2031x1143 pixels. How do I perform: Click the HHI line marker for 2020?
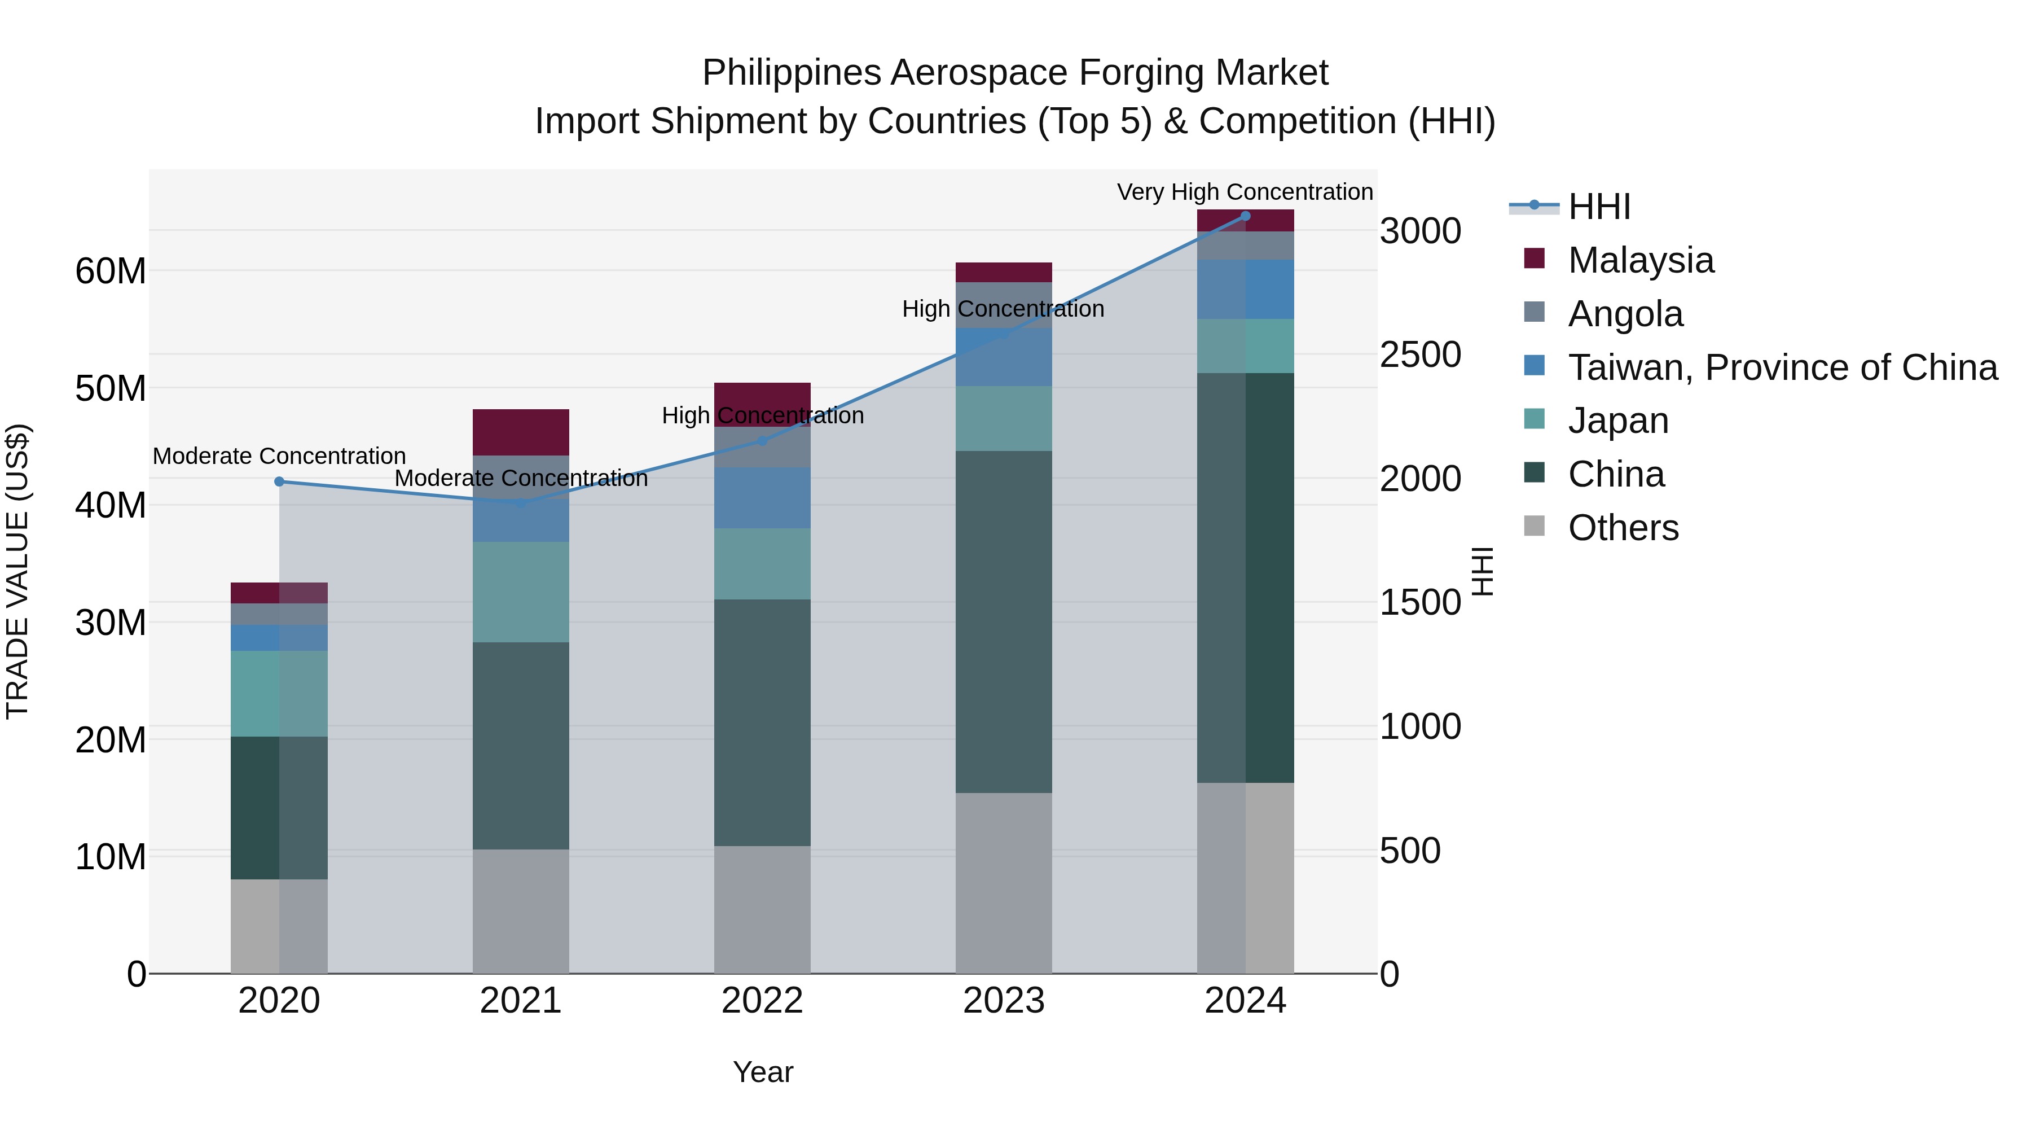click(x=279, y=481)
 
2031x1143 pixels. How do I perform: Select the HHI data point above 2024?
click(x=1246, y=216)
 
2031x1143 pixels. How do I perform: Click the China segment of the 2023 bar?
click(x=1004, y=621)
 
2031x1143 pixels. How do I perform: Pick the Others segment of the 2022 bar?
click(x=762, y=909)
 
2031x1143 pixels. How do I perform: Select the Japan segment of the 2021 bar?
click(x=520, y=591)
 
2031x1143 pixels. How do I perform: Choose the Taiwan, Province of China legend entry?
click(x=1782, y=367)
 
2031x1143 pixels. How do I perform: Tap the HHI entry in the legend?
click(x=1599, y=207)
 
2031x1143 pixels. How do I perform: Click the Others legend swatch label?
click(x=1623, y=528)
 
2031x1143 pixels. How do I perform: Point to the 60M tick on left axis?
click(x=111, y=270)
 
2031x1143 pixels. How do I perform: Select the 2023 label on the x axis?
click(x=1004, y=1001)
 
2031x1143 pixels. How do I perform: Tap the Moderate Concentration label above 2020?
click(x=279, y=456)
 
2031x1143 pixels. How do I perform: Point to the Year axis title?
click(x=762, y=1072)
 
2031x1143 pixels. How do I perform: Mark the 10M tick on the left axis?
click(x=111, y=857)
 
